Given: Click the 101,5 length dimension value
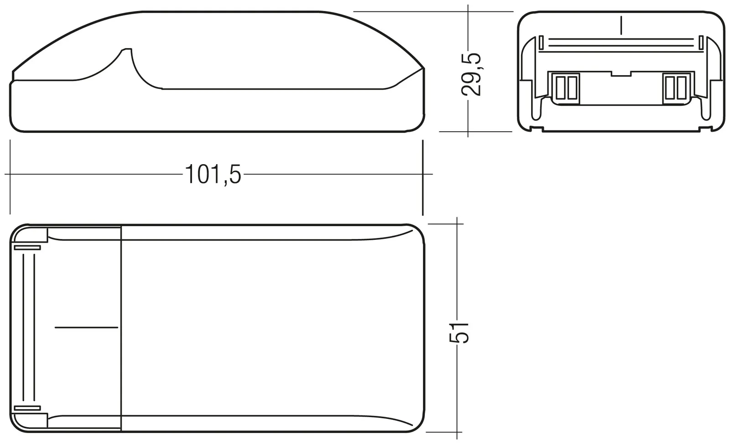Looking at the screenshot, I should [213, 175].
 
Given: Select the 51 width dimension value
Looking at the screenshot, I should [459, 332].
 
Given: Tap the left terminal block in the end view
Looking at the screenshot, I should [566, 88].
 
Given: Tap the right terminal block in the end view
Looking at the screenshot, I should [676, 88].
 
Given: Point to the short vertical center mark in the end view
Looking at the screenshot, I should [621, 25].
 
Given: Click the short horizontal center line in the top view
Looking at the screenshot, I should [86, 327].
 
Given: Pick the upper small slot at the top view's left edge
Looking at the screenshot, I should [27, 248].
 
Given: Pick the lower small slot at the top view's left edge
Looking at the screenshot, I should [27, 408].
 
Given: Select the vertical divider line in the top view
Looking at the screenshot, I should [121, 327].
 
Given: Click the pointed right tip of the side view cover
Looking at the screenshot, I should [423, 69].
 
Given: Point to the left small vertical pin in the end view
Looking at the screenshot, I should [541, 43].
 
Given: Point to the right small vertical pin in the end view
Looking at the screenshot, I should [701, 43].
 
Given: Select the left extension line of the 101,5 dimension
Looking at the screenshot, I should [10, 178].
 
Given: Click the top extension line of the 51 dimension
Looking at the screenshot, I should [445, 224].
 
